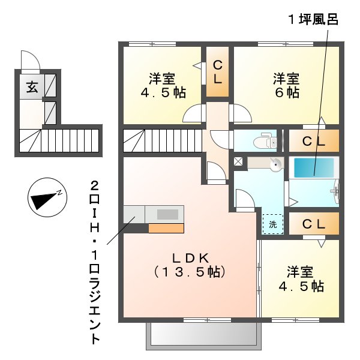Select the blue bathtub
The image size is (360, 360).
tap(313, 167)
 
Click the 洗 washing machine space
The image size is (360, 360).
tap(272, 224)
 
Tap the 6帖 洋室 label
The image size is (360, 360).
tap(286, 86)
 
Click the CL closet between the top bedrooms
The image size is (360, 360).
tap(218, 72)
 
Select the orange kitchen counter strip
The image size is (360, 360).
tap(166, 228)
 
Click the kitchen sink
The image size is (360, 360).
tap(169, 214)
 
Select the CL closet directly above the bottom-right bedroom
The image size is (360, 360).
tap(313, 224)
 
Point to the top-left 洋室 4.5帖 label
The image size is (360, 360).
tap(162, 86)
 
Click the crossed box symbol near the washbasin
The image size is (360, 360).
tap(238, 161)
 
